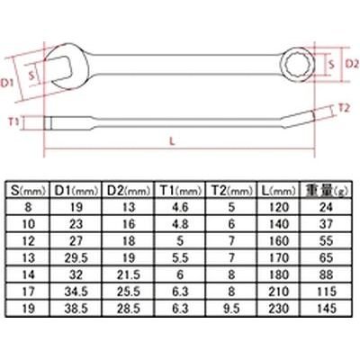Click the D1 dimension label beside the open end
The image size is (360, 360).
pyautogui.click(x=6, y=83)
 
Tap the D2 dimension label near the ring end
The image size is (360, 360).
pyautogui.click(x=352, y=64)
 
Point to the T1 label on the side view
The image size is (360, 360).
pyautogui.click(x=13, y=122)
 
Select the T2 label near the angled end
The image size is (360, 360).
pyautogui.click(x=344, y=108)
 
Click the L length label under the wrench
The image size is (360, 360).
pyautogui.click(x=172, y=140)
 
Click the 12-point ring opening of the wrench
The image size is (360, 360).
pyautogui.click(x=295, y=64)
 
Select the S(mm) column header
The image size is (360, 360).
pyautogui.click(x=28, y=191)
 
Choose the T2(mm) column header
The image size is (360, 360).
pyautogui.click(x=231, y=191)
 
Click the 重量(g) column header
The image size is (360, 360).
pyautogui.click(x=326, y=191)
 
